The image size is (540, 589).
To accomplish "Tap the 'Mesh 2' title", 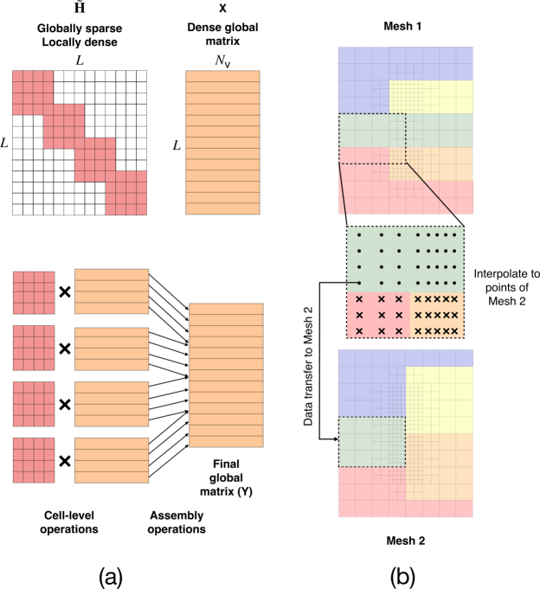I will coord(404,541).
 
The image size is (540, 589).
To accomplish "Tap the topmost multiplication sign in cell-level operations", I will coord(63,293).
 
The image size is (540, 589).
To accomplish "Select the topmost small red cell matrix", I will coord(34,293).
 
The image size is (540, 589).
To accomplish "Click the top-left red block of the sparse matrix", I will coord(33,90).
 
